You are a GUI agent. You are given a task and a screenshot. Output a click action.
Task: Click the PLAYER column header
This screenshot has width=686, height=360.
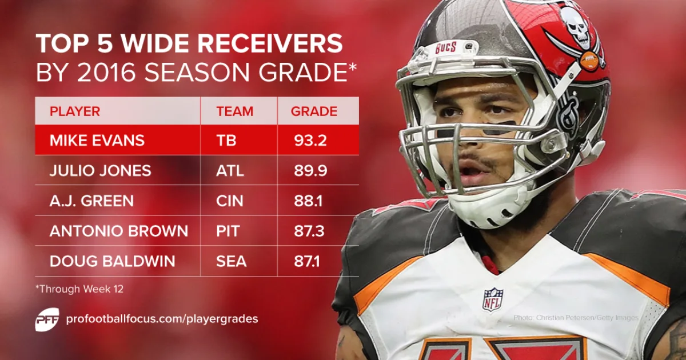click(x=75, y=111)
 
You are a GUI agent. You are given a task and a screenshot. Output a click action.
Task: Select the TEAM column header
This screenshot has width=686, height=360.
click(x=234, y=111)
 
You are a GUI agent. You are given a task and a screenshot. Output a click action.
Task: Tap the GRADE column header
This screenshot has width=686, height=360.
click(x=314, y=111)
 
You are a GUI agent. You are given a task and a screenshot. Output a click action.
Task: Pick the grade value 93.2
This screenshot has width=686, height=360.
click(x=309, y=141)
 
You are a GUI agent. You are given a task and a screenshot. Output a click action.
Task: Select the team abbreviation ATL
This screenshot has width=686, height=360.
click(x=230, y=171)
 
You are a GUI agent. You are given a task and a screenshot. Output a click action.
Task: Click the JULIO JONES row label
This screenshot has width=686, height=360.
click(x=100, y=171)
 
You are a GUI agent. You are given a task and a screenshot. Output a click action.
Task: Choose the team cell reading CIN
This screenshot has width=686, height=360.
click(x=230, y=201)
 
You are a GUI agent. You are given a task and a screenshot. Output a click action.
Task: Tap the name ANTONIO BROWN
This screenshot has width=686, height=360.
click(x=119, y=231)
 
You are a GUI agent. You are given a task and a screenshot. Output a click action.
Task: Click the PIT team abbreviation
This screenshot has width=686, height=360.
click(x=228, y=231)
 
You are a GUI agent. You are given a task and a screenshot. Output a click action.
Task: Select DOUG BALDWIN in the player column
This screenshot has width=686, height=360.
click(x=112, y=262)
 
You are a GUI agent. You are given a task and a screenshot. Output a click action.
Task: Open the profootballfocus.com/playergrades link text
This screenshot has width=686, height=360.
click(x=162, y=319)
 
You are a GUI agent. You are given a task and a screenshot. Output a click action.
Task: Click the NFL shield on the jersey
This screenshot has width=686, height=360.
click(x=492, y=299)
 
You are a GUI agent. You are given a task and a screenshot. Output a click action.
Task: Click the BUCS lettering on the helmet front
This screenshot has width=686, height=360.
click(x=445, y=47)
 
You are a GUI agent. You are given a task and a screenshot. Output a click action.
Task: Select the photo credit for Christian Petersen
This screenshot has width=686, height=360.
click(x=576, y=317)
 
